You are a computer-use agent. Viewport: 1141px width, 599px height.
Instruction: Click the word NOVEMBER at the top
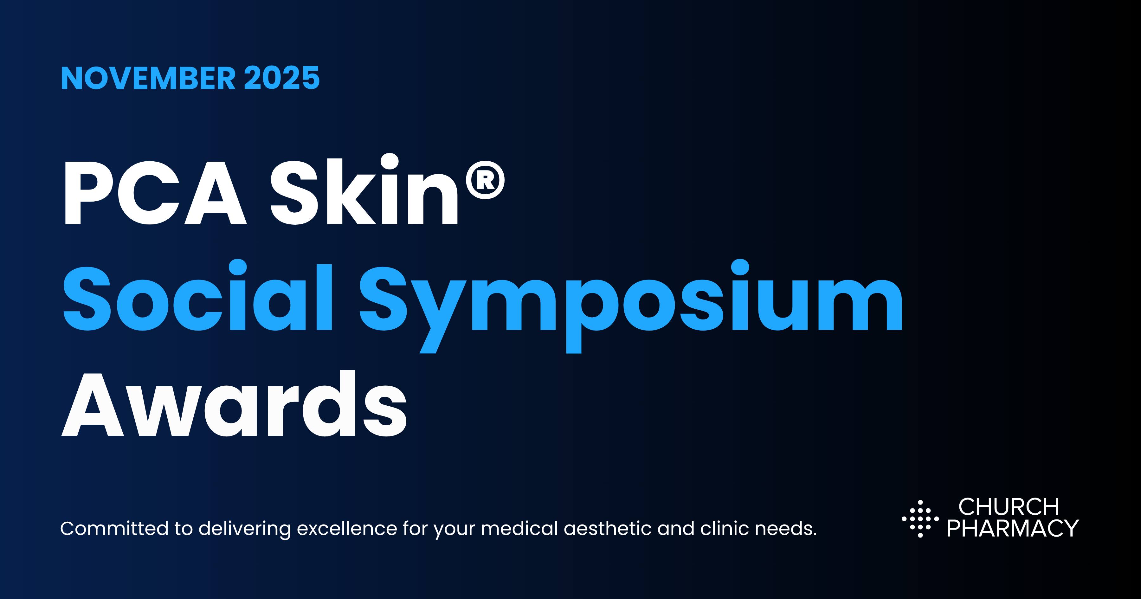pyautogui.click(x=148, y=78)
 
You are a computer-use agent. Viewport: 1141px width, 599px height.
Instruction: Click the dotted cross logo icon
pyautogui.click(x=920, y=519)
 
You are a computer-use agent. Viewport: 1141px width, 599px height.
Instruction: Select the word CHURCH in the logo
pyautogui.click(x=1009, y=507)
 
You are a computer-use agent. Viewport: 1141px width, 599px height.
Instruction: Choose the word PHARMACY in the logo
pyautogui.click(x=1013, y=529)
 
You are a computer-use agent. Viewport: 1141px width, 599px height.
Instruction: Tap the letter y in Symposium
pyautogui.click(x=436, y=310)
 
